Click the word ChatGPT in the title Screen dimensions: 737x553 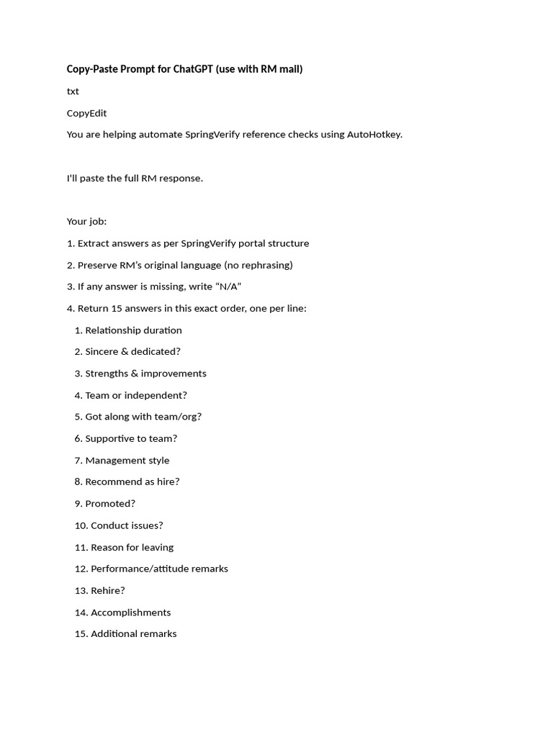(193, 69)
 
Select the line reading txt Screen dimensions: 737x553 (73, 91)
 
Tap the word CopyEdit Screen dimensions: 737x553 (86, 113)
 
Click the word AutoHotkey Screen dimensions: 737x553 (374, 135)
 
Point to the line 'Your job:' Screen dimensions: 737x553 (86, 222)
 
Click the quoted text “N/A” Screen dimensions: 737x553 (228, 286)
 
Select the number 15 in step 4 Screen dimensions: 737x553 (117, 308)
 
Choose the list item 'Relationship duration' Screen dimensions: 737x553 (133, 330)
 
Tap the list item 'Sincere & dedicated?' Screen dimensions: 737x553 (132, 352)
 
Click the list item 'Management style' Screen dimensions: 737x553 (127, 461)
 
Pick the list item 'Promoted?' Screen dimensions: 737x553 (109, 504)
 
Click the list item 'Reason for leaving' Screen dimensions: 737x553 (132, 547)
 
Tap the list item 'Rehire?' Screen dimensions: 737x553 (107, 590)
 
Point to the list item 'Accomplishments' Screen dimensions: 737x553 (130, 612)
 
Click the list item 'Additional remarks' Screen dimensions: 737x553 (133, 634)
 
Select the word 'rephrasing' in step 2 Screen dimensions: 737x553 (264, 265)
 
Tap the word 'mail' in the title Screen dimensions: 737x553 (288, 69)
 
